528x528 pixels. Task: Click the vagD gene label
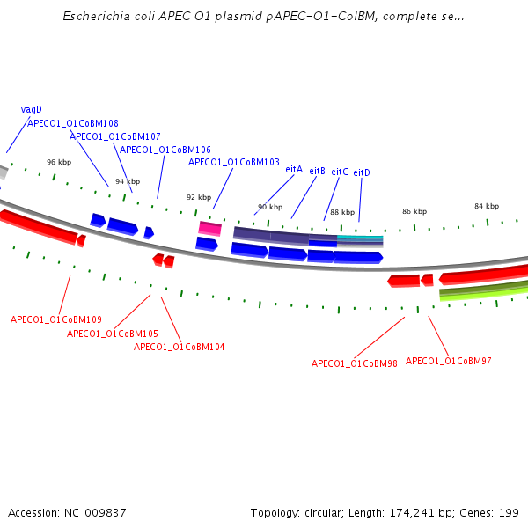click(31, 110)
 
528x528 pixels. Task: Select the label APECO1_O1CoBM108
click(73, 124)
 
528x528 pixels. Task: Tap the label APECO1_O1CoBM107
click(115, 137)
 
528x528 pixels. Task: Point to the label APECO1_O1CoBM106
click(165, 150)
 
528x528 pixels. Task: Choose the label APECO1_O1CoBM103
click(234, 163)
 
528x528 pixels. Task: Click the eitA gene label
click(294, 169)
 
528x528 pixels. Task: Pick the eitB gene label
click(318, 171)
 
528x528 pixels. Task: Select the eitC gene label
click(340, 172)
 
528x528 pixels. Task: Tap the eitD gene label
click(362, 173)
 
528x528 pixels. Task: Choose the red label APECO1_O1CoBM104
click(179, 347)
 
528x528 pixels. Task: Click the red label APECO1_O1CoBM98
click(355, 363)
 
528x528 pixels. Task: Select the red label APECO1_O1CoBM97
click(449, 361)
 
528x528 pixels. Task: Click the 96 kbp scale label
click(59, 163)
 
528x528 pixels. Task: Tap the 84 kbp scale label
click(487, 206)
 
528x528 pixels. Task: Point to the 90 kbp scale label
click(270, 208)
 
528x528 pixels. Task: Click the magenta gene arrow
click(209, 229)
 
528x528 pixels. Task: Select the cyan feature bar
click(360, 238)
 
